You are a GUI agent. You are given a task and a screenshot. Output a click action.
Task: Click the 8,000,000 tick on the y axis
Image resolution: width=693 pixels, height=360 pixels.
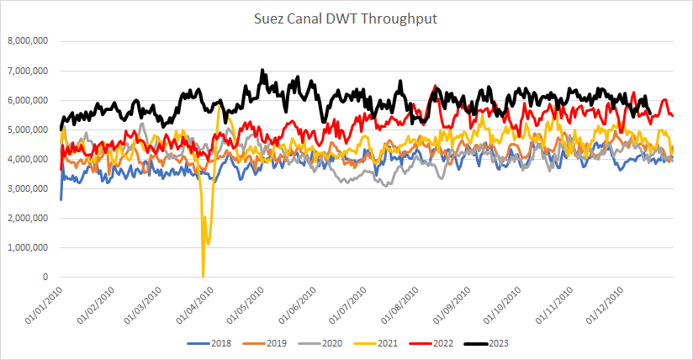click(x=28, y=41)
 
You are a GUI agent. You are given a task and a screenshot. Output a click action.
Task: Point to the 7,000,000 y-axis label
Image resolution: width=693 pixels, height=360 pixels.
click(x=28, y=71)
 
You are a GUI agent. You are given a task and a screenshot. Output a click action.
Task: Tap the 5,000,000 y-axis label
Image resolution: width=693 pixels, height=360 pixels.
click(x=28, y=130)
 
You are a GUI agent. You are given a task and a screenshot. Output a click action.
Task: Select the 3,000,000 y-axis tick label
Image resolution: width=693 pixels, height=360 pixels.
click(x=28, y=188)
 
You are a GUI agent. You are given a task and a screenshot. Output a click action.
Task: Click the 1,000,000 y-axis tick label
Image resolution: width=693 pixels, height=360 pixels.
click(x=28, y=247)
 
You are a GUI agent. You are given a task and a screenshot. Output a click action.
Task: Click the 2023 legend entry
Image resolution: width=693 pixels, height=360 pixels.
click(x=473, y=343)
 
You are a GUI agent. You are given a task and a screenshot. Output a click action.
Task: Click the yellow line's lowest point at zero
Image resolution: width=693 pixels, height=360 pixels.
click(x=203, y=276)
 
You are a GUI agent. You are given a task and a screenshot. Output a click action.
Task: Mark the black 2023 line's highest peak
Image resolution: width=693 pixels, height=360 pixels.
click(x=262, y=71)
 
